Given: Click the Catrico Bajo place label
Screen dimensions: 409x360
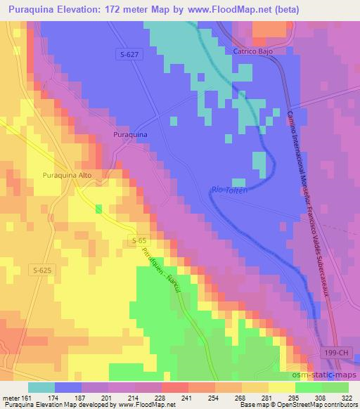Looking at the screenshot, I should coord(253,51).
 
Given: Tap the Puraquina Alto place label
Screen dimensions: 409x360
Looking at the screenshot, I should coord(67,175).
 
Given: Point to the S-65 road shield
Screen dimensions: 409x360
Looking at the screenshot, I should coord(139,241).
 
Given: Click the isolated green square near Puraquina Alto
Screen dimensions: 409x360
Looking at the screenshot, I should coord(98,208).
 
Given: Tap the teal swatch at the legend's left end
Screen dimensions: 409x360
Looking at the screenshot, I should coord(41,387).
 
